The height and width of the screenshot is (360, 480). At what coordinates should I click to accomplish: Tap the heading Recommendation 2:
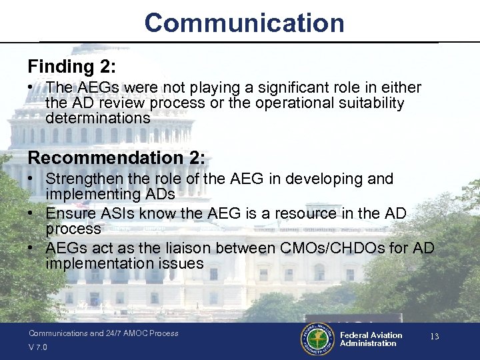[x=117, y=158]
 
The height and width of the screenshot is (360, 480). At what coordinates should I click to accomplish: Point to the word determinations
[x=98, y=118]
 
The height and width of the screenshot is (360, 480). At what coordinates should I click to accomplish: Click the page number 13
[x=434, y=337]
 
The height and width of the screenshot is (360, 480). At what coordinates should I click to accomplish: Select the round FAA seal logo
[x=317, y=339]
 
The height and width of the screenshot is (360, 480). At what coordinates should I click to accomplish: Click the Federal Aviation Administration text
[x=371, y=339]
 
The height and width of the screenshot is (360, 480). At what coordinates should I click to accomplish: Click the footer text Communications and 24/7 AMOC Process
[x=103, y=333]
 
